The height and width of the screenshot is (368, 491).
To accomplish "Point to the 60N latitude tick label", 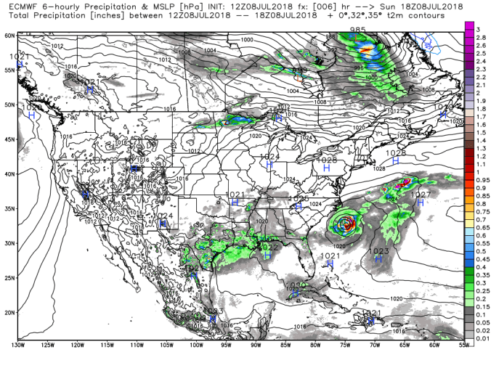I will (x=9, y=35).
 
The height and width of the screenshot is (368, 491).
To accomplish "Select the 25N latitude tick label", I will (x=9, y=278).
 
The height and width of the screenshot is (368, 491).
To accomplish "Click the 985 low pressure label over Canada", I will (x=357, y=30).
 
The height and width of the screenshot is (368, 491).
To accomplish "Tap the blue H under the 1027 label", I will (x=420, y=204).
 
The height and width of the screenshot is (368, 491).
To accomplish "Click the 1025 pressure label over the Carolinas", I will (x=299, y=198).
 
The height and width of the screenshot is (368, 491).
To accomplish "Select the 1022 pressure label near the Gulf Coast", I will (x=270, y=248).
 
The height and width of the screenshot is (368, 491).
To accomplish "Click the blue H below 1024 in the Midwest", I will (x=269, y=165).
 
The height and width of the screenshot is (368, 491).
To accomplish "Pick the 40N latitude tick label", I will (x=9, y=174).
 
